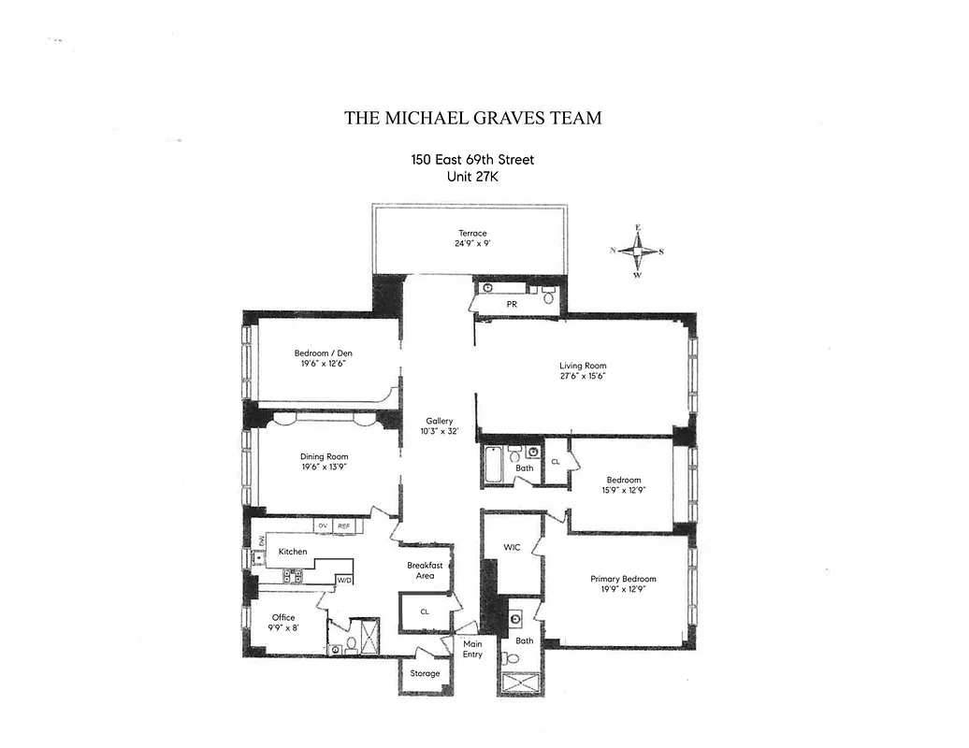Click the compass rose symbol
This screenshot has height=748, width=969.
[x=638, y=251]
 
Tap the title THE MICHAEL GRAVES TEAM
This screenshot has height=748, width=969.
[x=472, y=118]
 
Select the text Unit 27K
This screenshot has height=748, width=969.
[x=472, y=177]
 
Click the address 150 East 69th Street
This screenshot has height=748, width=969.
[x=472, y=160]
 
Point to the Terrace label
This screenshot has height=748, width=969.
[x=472, y=233]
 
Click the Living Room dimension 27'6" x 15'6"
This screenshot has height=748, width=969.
[x=583, y=377]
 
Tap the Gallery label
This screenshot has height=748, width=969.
[x=439, y=421]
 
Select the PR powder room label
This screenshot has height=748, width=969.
[x=512, y=304]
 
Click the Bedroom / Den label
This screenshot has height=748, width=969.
[x=324, y=352]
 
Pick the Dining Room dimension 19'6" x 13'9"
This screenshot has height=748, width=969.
[x=324, y=467]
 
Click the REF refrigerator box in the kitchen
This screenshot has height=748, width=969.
[x=343, y=526]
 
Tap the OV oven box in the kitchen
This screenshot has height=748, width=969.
[x=323, y=526]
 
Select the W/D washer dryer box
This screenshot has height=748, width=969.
[x=345, y=581]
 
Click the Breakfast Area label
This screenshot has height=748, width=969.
[x=425, y=570]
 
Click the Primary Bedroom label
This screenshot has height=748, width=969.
[x=623, y=579]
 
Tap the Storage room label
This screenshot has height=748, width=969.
[x=425, y=673]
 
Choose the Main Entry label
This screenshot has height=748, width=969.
[x=472, y=648]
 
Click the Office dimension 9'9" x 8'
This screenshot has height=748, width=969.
[x=283, y=628]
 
